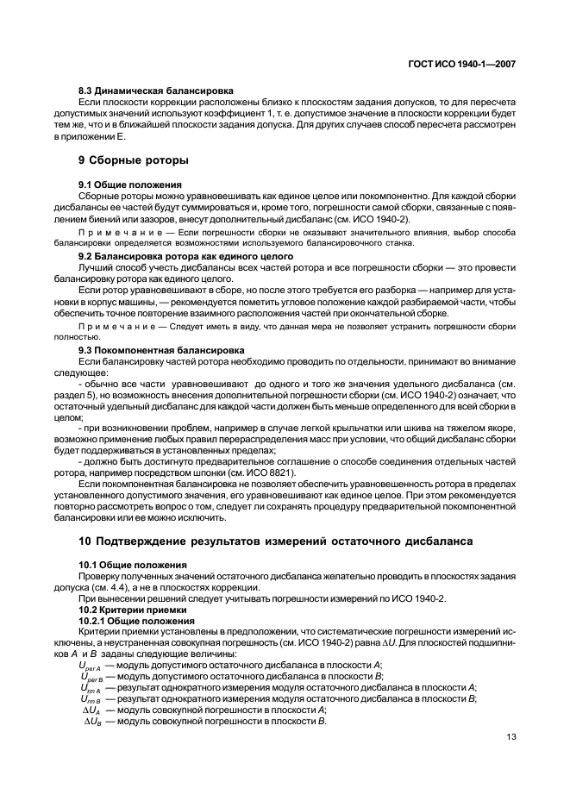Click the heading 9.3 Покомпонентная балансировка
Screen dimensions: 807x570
tap(161, 350)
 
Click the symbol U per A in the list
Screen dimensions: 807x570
tap(91, 665)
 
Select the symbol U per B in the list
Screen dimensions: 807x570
tap(91, 676)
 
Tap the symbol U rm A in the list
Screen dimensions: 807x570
tap(91, 687)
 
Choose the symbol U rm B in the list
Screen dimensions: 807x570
tap(91, 698)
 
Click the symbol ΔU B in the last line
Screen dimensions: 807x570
tap(93, 721)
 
